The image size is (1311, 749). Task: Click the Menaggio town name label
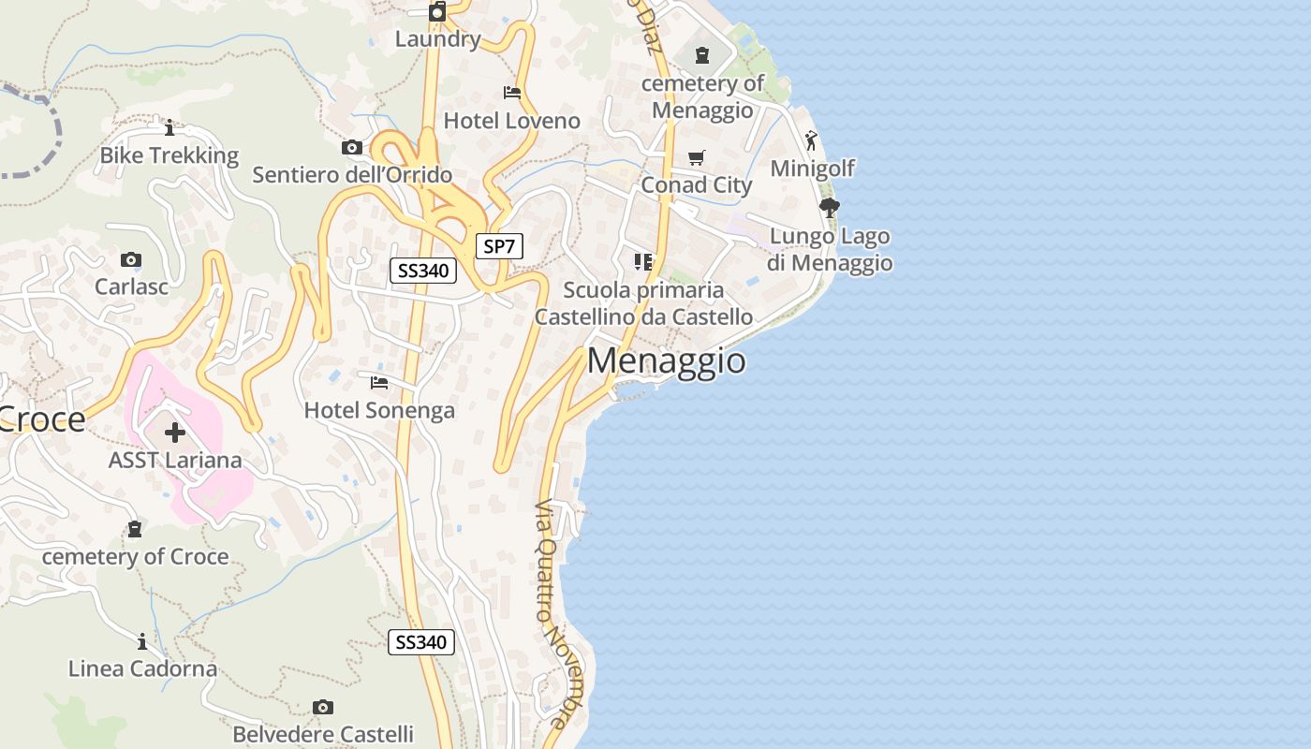pos(667,360)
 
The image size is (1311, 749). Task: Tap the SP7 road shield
pos(499,247)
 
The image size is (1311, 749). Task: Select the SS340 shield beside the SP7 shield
pos(422,272)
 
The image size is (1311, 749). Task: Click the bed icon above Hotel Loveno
pos(512,93)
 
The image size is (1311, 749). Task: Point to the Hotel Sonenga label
pos(379,410)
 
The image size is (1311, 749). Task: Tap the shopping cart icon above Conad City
pos(696,158)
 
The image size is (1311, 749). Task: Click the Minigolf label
pos(813,169)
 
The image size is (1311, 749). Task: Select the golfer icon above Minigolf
pos(811,140)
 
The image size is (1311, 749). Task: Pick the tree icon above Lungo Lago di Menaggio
pos(829,208)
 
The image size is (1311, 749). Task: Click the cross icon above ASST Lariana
pos(175,433)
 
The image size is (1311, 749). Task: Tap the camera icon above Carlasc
pos(131,259)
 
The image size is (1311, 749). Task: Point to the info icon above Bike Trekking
pos(169,127)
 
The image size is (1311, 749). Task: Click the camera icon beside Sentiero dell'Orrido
pos(352,147)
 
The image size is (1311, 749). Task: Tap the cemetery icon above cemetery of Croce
pos(135,529)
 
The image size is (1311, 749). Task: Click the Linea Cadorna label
pos(142,668)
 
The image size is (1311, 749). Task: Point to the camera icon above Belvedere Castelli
pos(323,707)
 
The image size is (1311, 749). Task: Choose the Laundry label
pos(437,39)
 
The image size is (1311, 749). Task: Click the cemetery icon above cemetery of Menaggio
pos(702,56)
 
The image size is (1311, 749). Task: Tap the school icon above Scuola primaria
pos(643,262)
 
